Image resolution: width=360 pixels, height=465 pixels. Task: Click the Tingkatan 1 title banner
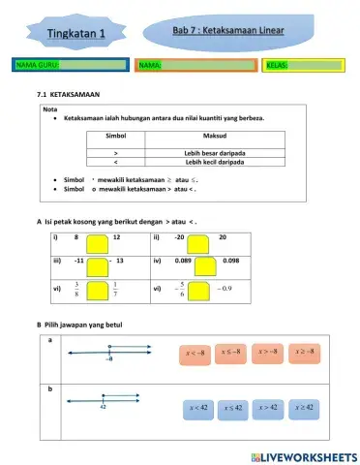click(x=69, y=36)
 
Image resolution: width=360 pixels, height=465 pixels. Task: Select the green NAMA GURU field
click(x=71, y=65)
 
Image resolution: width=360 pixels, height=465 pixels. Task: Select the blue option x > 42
click(x=268, y=409)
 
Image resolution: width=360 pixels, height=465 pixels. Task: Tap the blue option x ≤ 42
click(x=233, y=409)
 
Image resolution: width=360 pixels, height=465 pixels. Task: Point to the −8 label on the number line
click(x=109, y=359)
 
